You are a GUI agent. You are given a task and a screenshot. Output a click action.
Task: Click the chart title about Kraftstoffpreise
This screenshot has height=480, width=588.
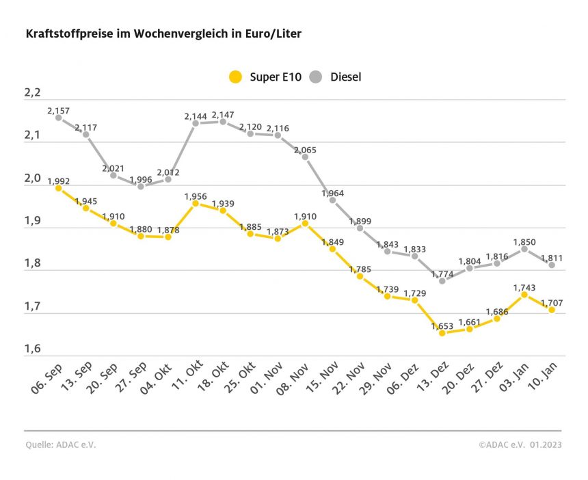[163, 33]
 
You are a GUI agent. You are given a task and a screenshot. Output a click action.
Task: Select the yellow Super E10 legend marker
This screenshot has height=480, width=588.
[235, 77]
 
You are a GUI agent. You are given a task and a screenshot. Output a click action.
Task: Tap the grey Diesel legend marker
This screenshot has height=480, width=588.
[316, 77]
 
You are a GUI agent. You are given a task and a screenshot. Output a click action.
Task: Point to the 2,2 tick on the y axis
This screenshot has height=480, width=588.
[34, 93]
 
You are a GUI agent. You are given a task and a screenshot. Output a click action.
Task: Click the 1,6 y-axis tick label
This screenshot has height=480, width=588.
[34, 349]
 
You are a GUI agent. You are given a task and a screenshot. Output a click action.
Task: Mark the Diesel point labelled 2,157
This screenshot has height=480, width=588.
[59, 118]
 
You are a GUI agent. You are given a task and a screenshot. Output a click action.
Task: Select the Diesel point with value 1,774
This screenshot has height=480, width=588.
[442, 281]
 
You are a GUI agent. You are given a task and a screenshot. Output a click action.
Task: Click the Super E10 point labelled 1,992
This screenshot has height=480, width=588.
[59, 188]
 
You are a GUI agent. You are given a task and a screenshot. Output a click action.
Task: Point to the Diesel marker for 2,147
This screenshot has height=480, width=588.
[223, 122]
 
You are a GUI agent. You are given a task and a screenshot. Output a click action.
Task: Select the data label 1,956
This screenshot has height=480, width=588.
[196, 196]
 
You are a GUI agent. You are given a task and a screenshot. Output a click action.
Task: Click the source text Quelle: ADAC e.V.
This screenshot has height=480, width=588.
[60, 444]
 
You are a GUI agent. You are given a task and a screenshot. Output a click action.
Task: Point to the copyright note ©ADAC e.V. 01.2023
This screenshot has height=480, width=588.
[520, 444]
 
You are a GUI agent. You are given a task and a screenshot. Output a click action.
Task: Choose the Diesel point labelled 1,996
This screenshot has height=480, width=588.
[141, 186]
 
